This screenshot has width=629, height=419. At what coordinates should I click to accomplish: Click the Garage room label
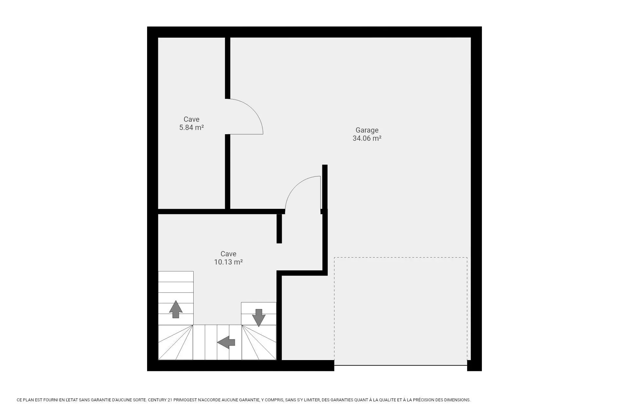(367, 130)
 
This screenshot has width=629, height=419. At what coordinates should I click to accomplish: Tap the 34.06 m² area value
(367, 138)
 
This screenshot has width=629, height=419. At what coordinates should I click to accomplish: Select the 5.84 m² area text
(192, 128)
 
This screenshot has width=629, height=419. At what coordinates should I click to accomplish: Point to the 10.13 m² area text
(228, 262)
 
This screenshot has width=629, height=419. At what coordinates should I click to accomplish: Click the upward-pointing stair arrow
(176, 309)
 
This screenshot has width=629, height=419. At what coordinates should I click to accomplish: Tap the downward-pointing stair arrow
(258, 318)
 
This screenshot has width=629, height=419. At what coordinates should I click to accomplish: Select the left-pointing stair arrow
(226, 342)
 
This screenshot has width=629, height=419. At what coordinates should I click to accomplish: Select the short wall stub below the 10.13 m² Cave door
(279, 228)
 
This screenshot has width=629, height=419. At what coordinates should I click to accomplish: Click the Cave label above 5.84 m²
(192, 119)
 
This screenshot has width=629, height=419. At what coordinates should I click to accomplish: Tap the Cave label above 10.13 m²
(228, 254)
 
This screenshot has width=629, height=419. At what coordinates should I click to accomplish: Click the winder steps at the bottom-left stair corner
(176, 342)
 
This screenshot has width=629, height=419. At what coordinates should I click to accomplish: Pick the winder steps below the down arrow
(259, 342)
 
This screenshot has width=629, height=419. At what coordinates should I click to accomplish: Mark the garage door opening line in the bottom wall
(401, 365)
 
